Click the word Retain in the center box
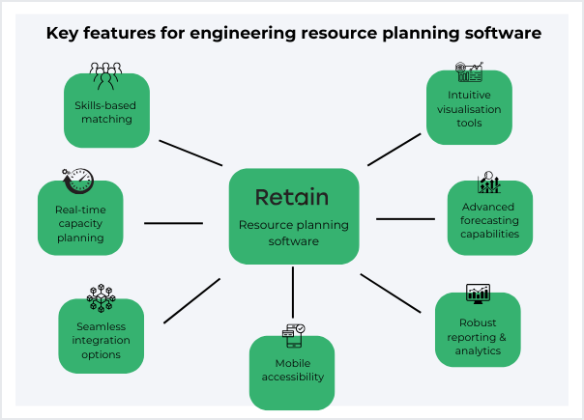click(292, 197)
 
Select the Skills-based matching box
click(106, 114)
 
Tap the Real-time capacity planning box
click(80, 222)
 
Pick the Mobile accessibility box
click(292, 373)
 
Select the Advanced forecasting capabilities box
click(489, 221)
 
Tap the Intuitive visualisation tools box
click(469, 110)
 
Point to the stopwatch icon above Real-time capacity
click(78, 181)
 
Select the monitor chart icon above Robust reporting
click(478, 293)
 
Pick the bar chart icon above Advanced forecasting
click(489, 182)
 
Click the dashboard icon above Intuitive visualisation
click(469, 72)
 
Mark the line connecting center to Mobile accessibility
click(292, 289)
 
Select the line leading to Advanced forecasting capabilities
click(405, 219)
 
